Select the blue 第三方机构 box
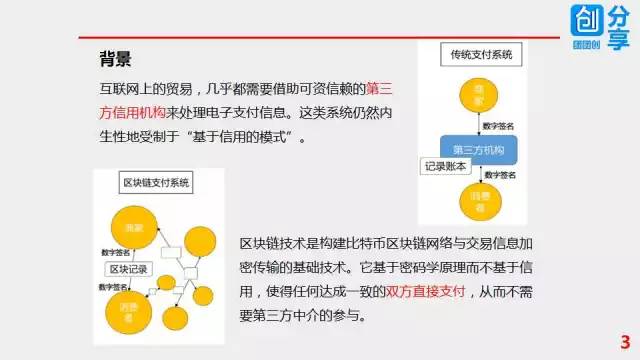click(x=477, y=148)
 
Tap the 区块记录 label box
click(x=128, y=269)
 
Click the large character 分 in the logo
click(x=620, y=18)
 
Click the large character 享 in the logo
click(x=620, y=40)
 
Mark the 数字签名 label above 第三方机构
click(x=499, y=127)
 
